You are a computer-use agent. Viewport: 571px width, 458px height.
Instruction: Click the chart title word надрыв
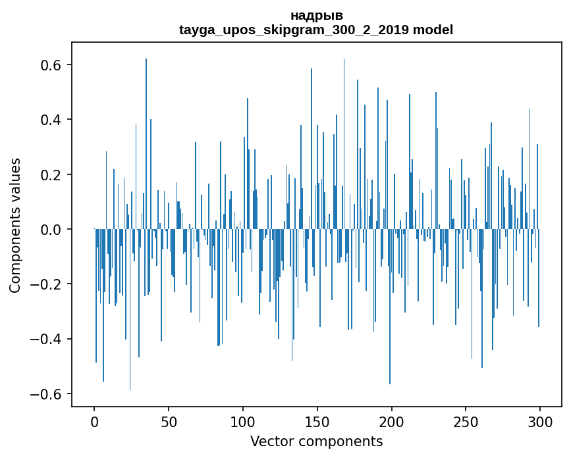click(x=316, y=15)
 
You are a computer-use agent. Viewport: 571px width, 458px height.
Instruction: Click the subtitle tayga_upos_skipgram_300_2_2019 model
click(x=316, y=30)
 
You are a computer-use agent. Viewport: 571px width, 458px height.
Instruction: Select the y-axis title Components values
click(x=14, y=225)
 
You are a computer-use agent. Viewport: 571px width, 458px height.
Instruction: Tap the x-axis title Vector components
click(x=316, y=441)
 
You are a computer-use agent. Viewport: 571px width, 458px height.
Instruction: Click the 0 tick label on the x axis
click(x=94, y=421)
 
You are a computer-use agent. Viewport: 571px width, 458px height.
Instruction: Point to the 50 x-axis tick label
click(x=169, y=421)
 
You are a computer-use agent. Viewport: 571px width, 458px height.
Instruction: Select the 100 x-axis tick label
click(x=243, y=421)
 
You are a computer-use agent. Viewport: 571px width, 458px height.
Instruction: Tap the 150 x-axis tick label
click(x=317, y=421)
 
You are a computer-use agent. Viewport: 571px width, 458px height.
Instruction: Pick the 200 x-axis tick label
click(x=392, y=421)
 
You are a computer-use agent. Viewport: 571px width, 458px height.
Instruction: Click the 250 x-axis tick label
click(x=466, y=421)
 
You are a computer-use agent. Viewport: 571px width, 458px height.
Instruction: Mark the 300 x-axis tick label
click(x=540, y=421)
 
